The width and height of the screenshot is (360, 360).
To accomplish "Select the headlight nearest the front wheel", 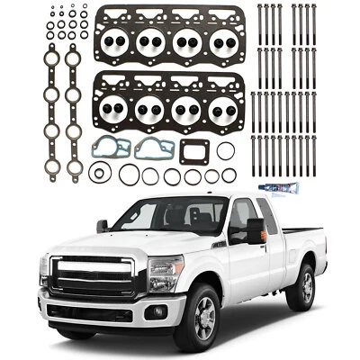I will [x=166, y=271].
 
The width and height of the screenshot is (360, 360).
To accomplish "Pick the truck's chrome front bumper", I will [x=100, y=310].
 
